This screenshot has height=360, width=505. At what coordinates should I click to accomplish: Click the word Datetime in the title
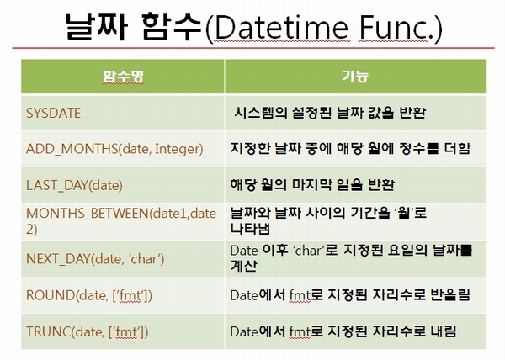[x=281, y=28]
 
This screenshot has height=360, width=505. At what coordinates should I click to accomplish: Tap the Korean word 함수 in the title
[x=173, y=28]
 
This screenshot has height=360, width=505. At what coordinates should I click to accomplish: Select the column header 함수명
[x=123, y=77]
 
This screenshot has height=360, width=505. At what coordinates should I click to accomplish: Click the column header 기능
[x=355, y=77]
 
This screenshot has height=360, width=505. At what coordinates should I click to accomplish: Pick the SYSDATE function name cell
[x=53, y=113]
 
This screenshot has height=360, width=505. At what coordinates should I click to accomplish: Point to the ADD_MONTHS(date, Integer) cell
[x=114, y=149]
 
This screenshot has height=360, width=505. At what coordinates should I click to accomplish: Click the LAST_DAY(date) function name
[x=74, y=185]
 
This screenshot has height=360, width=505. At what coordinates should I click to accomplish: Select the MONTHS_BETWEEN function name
[x=121, y=221]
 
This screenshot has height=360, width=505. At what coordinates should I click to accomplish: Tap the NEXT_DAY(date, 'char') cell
[x=95, y=259]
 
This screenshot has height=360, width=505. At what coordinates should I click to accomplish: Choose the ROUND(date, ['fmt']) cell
[x=89, y=295]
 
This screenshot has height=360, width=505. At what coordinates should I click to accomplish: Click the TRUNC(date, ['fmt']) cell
[x=88, y=331]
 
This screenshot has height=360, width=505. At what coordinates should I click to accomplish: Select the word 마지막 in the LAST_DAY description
[x=312, y=185]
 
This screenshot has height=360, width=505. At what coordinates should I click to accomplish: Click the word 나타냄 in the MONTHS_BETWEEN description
[x=250, y=228]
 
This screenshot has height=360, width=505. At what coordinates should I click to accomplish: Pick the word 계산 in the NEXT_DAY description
[x=243, y=266]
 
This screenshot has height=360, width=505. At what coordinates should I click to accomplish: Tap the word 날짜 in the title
[x=97, y=28]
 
